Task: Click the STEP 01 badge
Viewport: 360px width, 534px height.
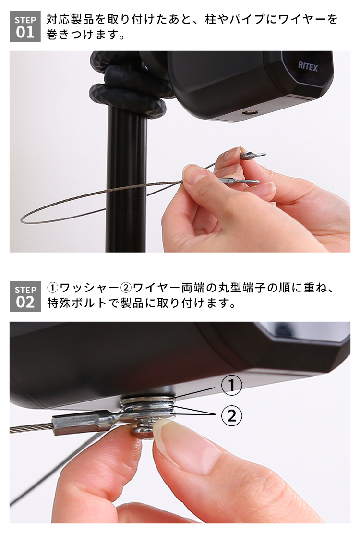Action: [x=25, y=26]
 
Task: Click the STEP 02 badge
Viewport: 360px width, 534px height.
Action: [x=25, y=296]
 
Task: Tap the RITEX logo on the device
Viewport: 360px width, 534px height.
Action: [x=308, y=66]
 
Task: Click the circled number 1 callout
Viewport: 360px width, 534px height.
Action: [x=232, y=386]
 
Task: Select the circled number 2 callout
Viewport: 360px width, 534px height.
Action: [x=232, y=416]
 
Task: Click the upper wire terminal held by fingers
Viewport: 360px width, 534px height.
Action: [x=252, y=156]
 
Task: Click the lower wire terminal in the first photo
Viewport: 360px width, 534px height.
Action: [x=238, y=181]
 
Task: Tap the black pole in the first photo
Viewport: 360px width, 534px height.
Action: [x=126, y=181]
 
